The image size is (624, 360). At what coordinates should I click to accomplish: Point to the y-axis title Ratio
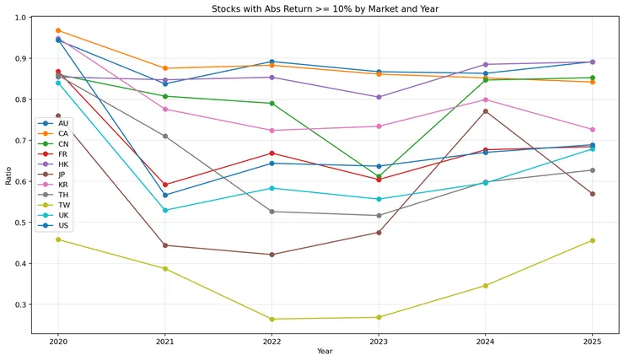click(x=9, y=173)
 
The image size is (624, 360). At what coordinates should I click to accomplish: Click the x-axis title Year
click(x=325, y=351)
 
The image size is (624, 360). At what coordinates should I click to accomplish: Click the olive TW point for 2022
click(x=272, y=320)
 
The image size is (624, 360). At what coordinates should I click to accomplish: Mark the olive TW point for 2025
click(x=592, y=240)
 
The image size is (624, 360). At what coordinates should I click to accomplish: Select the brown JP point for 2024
click(x=485, y=111)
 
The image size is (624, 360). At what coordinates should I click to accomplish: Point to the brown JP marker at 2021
click(x=164, y=245)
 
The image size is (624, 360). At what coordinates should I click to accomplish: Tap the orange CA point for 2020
click(x=58, y=30)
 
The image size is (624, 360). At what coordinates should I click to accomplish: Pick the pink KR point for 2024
click(x=485, y=99)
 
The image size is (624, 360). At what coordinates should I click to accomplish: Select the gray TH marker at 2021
click(x=164, y=136)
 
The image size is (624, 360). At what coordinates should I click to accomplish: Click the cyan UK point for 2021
click(x=164, y=210)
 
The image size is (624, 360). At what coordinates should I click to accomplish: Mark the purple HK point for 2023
click(x=379, y=97)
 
